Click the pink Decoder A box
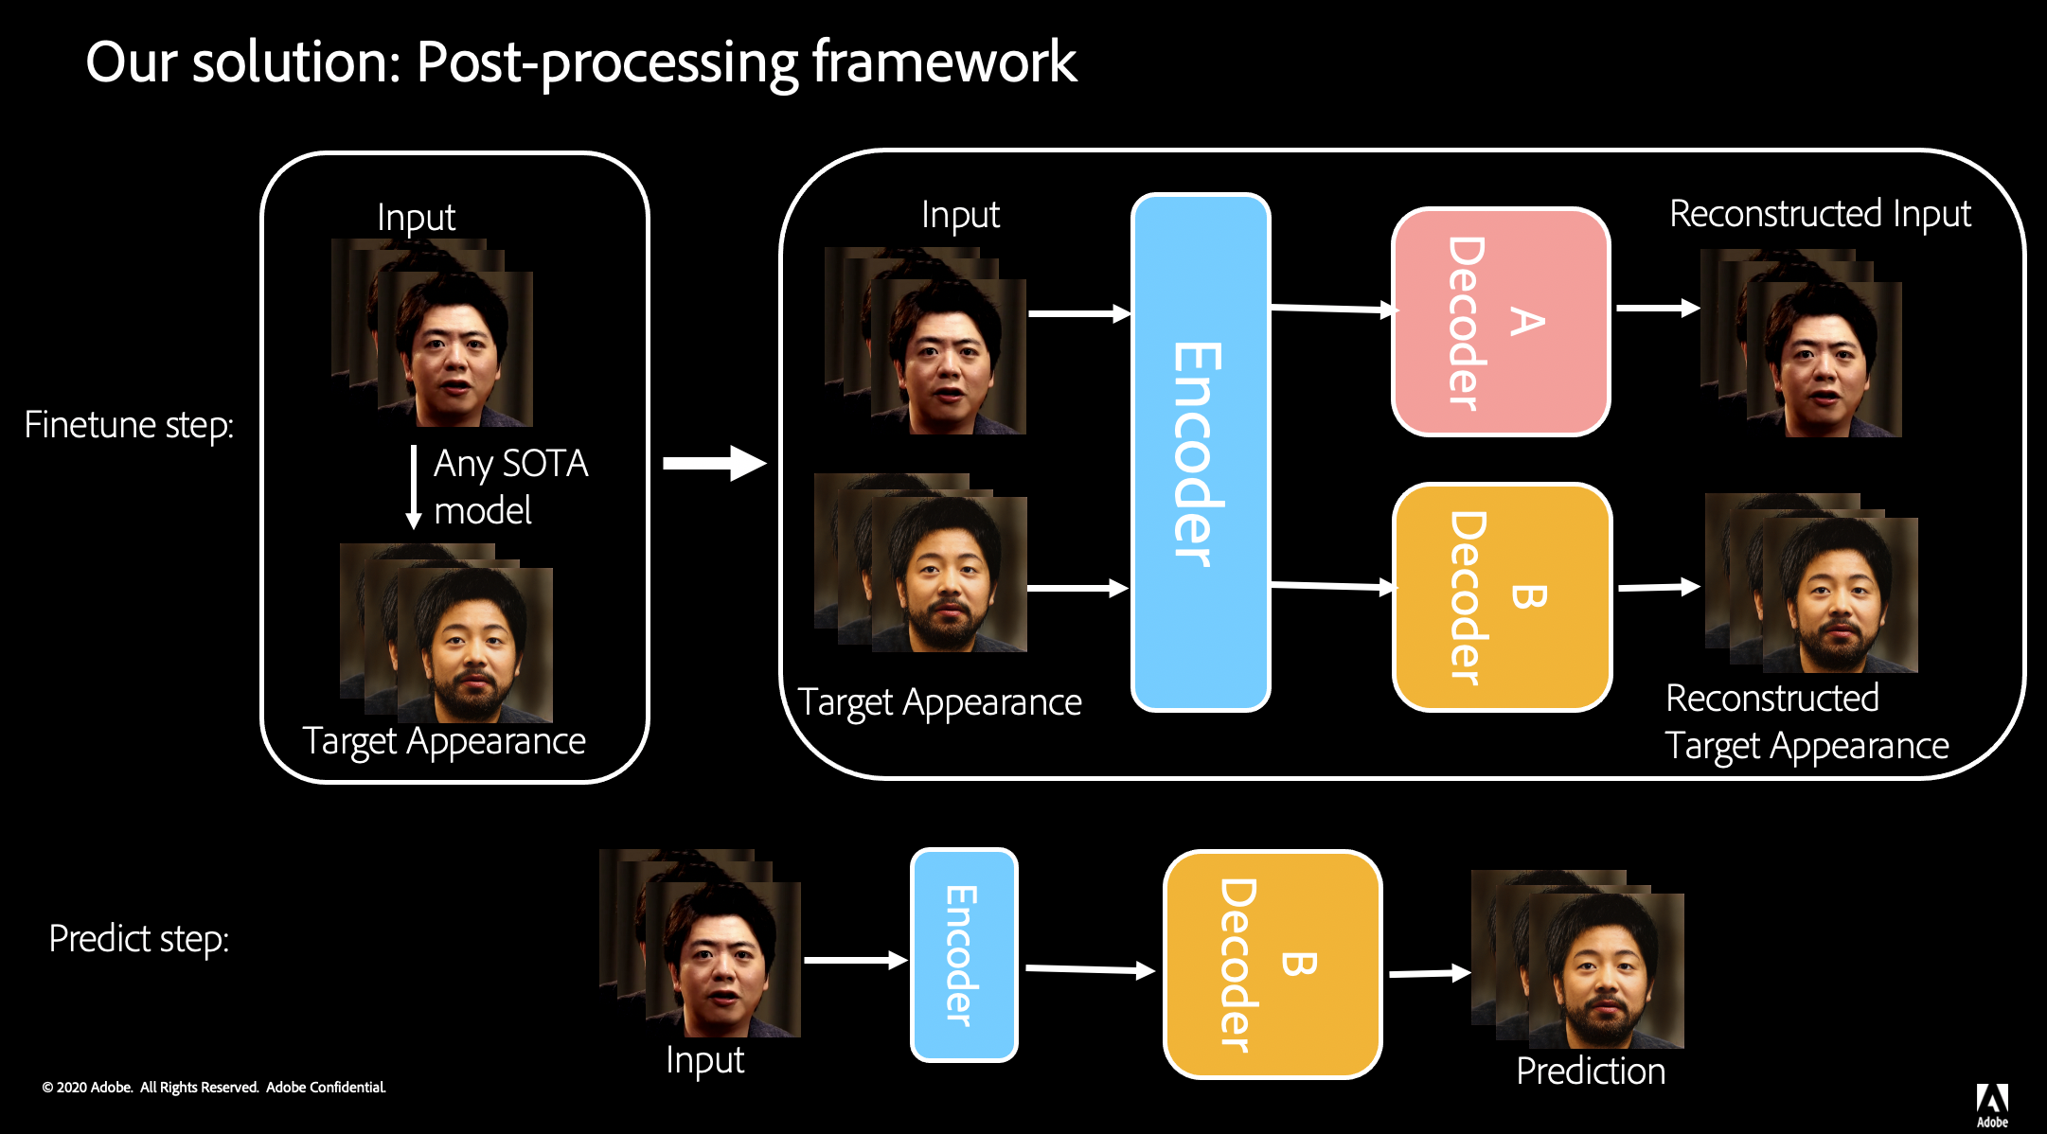1501,322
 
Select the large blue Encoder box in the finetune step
1201,452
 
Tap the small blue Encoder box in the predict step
964,954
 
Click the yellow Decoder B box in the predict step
1273,964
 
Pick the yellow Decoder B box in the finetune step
1503,597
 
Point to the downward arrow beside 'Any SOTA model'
414,487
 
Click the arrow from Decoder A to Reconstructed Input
1657,308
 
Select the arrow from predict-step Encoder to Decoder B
1089,969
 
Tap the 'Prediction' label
1591,1072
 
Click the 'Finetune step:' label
129,424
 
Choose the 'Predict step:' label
139,938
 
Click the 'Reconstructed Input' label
1820,214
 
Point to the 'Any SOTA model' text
510,487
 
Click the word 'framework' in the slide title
944,62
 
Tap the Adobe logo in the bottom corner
1992,1104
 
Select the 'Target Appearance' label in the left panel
444,741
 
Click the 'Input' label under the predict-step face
704,1060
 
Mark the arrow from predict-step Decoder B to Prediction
1429,973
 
